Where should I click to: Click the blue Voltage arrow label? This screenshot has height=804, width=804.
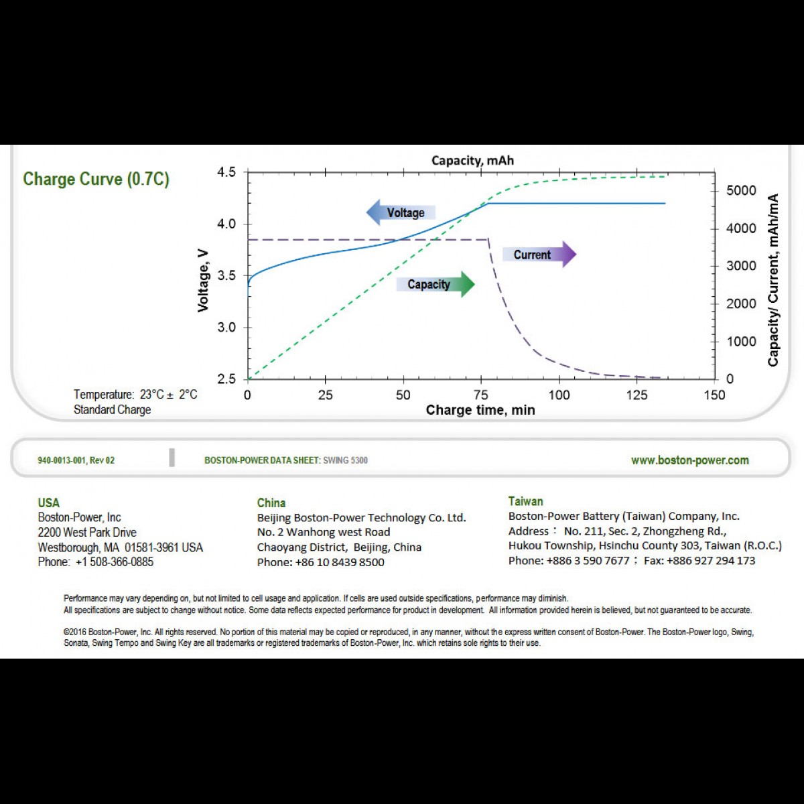[x=401, y=213]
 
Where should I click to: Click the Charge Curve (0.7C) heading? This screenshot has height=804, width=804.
[x=96, y=180]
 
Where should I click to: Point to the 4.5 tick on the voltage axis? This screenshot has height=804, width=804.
[x=226, y=172]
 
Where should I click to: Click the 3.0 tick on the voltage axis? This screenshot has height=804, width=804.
[x=226, y=328]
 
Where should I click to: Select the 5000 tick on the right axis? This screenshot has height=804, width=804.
[x=741, y=191]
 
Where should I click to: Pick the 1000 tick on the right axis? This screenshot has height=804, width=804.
[x=741, y=342]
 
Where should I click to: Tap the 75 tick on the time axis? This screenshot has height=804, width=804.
[x=481, y=395]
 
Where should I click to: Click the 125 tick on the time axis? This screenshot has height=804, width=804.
[x=636, y=395]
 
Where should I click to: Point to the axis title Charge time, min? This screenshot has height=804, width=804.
[x=480, y=410]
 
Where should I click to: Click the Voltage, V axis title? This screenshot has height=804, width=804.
[x=203, y=281]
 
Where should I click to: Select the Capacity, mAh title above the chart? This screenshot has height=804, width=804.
[x=472, y=161]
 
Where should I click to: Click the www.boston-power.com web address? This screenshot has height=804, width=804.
[x=689, y=460]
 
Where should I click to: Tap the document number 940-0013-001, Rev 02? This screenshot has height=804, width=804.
[x=76, y=460]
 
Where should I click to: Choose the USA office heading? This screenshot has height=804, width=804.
[x=48, y=503]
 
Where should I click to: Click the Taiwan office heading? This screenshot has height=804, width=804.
[x=525, y=501]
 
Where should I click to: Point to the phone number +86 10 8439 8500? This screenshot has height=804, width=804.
[x=340, y=562]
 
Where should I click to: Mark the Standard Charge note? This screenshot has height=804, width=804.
[x=112, y=409]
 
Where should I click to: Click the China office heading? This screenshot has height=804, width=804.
[x=271, y=503]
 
